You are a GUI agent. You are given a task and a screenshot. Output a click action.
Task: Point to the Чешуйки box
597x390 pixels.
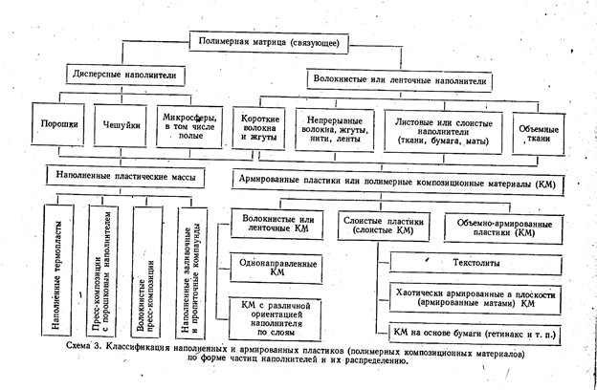(114, 125)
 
